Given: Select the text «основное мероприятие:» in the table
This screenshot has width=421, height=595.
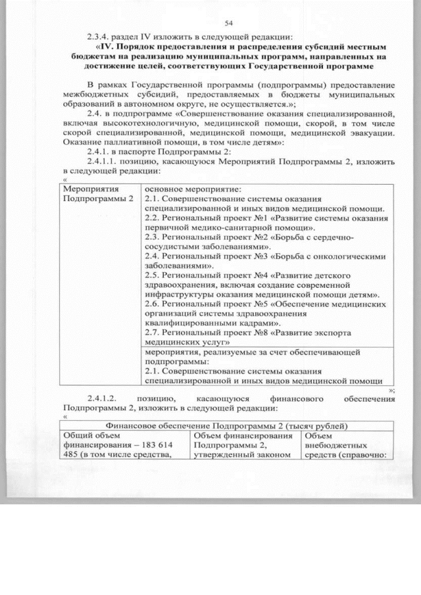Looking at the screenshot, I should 186,189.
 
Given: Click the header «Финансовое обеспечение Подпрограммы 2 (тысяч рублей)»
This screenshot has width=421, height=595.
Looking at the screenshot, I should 228,425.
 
